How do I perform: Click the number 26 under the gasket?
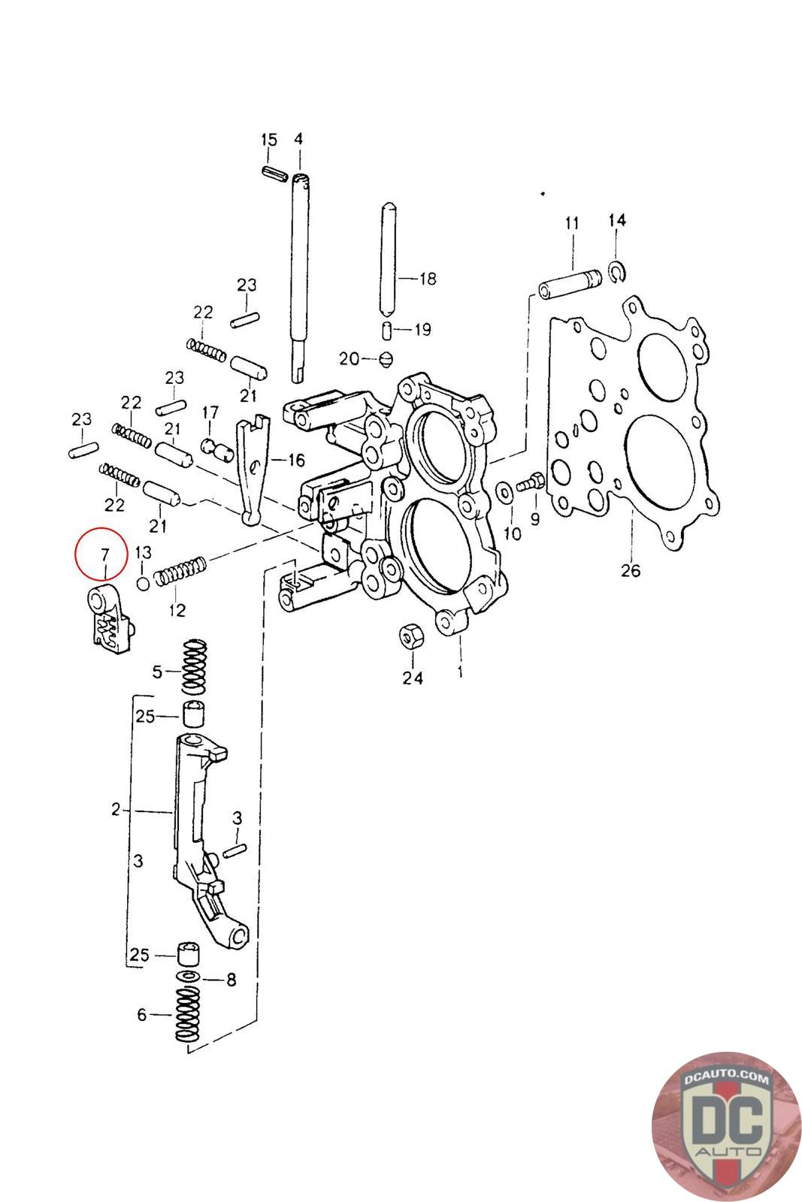(x=631, y=569)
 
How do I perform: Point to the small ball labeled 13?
(x=142, y=583)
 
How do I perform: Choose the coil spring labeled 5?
(x=194, y=667)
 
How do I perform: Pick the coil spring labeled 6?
(x=188, y=1013)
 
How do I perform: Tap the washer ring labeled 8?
(x=188, y=977)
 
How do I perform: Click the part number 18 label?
(x=426, y=279)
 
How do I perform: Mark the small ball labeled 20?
(x=386, y=358)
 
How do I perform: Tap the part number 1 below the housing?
(x=459, y=670)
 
